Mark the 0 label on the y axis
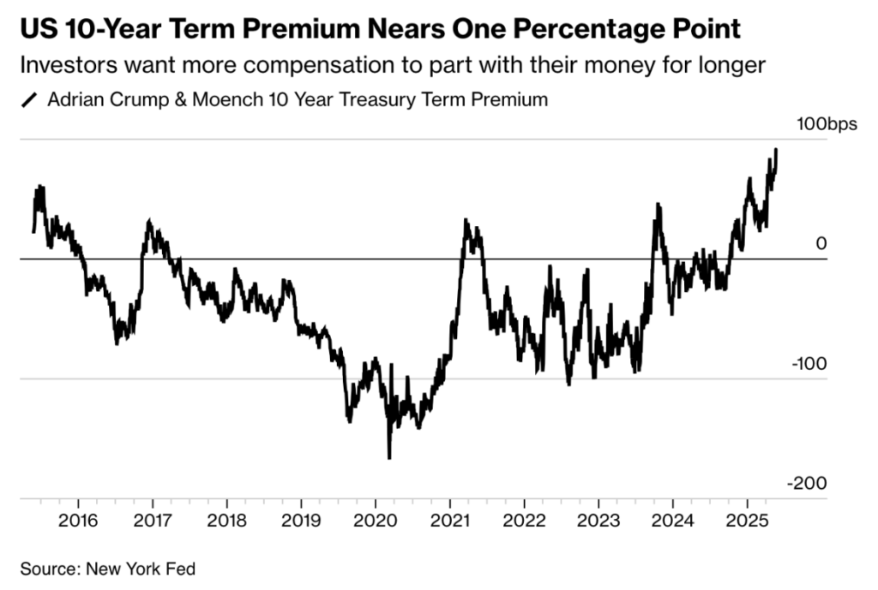[x=821, y=244]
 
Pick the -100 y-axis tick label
[x=811, y=364]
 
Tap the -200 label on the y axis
[x=810, y=484]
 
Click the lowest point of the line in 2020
[x=389, y=458]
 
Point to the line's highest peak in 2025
[x=776, y=149]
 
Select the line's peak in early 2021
[x=466, y=220]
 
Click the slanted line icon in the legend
[x=30, y=100]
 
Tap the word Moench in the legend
[x=224, y=99]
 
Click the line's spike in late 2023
[x=658, y=205]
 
